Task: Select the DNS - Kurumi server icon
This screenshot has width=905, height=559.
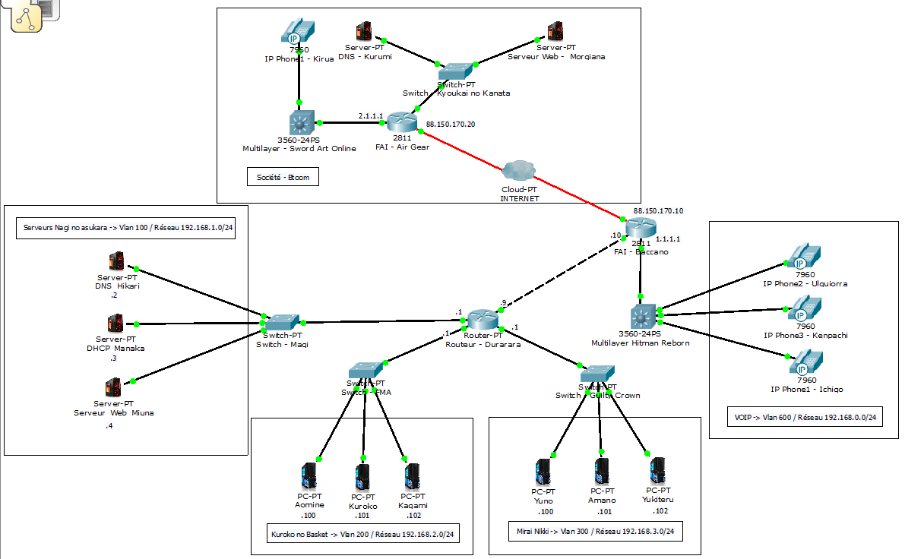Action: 364,32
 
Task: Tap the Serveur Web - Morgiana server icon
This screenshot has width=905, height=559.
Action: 556,32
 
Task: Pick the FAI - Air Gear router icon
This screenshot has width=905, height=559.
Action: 400,122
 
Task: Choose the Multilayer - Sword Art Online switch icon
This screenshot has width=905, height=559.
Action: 301,123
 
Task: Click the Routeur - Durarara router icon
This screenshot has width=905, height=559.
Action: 482,320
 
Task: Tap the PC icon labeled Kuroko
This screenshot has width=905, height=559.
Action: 363,477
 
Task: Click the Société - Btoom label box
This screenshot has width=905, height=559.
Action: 283,178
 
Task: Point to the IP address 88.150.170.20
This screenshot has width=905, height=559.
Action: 451,124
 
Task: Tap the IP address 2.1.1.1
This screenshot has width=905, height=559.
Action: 371,115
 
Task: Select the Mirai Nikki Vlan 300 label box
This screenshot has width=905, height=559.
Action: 594,532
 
